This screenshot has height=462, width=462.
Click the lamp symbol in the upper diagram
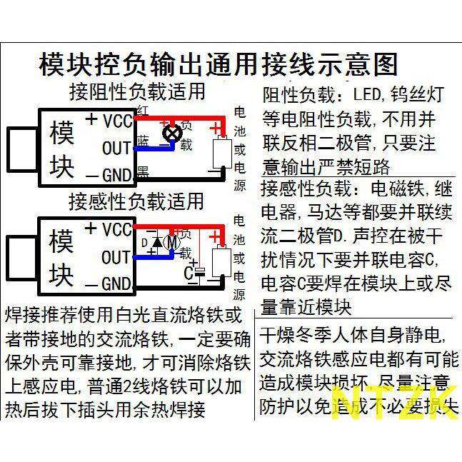coord(172,133)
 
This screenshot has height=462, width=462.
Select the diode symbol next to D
coord(157,242)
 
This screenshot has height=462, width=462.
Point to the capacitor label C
coord(188,273)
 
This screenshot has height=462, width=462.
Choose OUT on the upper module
coord(116,148)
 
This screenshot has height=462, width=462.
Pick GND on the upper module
coord(116,174)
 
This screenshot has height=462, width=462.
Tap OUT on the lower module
coord(116,256)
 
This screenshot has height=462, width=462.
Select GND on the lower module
coord(116,283)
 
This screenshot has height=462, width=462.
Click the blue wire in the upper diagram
coord(154,149)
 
